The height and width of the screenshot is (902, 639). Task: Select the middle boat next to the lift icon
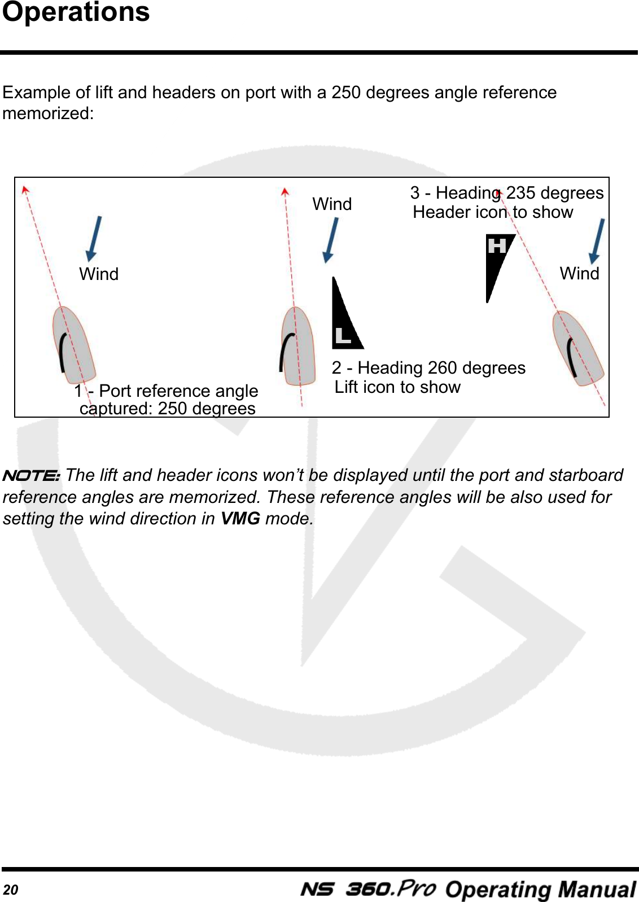tap(298, 345)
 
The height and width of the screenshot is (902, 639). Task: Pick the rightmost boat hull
tap(577, 347)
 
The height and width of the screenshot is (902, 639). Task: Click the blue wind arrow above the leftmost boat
tap(94, 238)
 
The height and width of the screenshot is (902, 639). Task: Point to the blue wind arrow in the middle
tap(331, 240)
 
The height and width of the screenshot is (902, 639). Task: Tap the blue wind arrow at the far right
tap(597, 241)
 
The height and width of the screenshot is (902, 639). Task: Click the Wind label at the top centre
tap(332, 204)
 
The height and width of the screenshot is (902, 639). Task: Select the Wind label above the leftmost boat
tap(99, 274)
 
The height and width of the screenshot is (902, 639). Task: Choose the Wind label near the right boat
tap(579, 273)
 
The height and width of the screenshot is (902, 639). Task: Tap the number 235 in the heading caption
tap(520, 193)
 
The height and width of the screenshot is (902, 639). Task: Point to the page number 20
tap(10, 890)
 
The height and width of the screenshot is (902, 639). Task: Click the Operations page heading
tap(76, 12)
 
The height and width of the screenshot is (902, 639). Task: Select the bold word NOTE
tap(31, 475)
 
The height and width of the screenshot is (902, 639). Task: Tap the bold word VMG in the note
tap(240, 518)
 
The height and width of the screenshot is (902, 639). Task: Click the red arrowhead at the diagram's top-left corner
tap(25, 190)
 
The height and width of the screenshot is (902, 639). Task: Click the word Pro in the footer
tap(415, 888)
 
